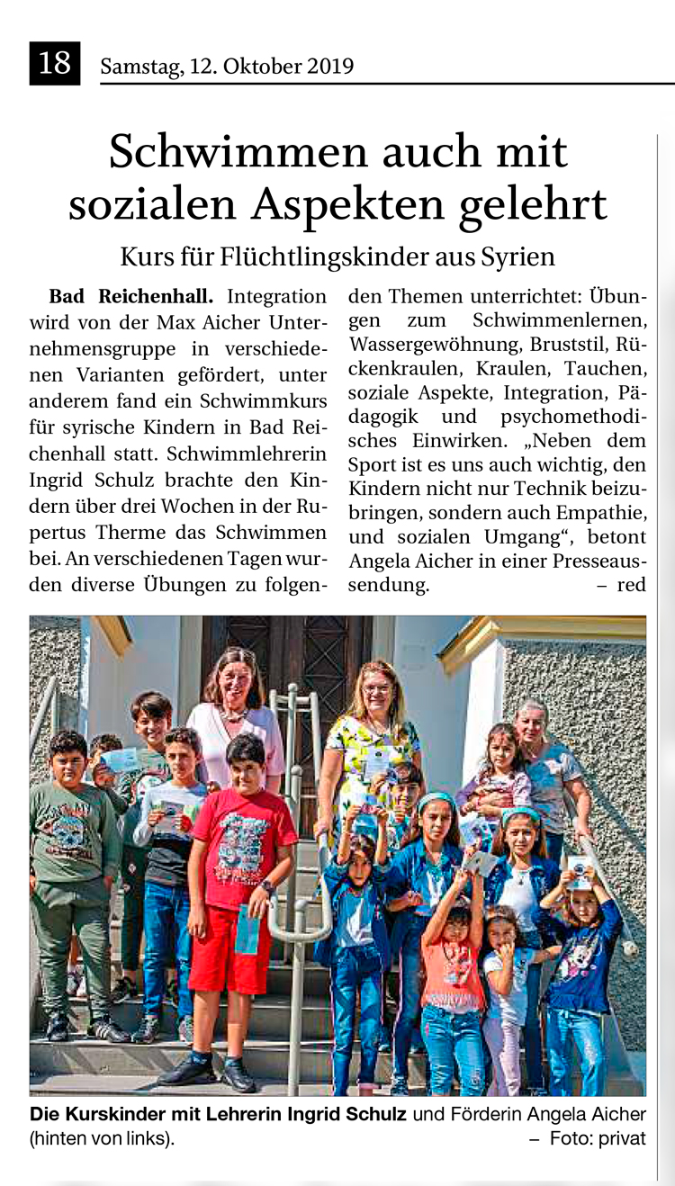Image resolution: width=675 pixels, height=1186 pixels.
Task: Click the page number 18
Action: point(54,64)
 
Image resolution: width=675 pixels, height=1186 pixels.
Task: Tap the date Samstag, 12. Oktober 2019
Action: point(227,67)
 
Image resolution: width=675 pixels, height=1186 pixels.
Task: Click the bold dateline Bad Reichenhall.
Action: point(131,296)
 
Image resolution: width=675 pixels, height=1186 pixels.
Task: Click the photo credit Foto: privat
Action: point(598,1138)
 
